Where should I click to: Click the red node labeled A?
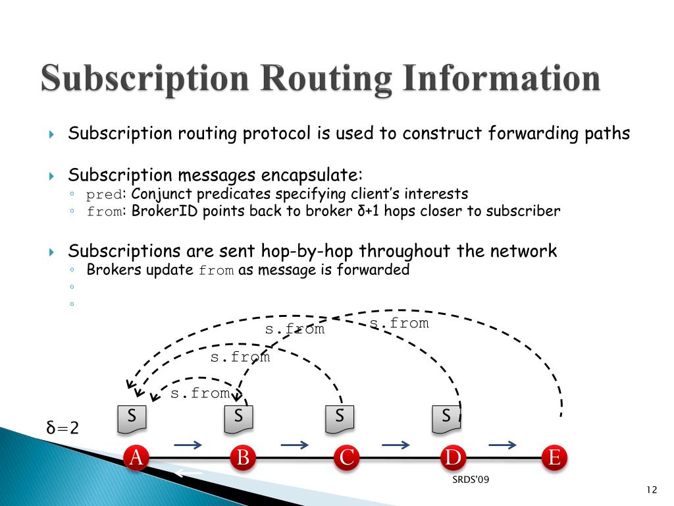click(136, 457)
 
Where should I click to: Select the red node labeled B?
click(243, 457)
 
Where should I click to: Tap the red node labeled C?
click(346, 457)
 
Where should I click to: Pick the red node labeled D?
click(453, 457)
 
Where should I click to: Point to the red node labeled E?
click(554, 457)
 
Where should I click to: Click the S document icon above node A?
click(132, 418)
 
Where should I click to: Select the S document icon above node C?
click(340, 418)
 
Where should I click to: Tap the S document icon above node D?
click(446, 418)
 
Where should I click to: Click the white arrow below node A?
click(188, 473)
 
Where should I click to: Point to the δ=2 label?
click(63, 428)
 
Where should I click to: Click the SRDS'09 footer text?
click(471, 480)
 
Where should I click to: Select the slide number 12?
click(652, 489)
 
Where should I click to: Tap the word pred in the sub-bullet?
click(105, 194)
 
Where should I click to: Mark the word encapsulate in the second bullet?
click(311, 175)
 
